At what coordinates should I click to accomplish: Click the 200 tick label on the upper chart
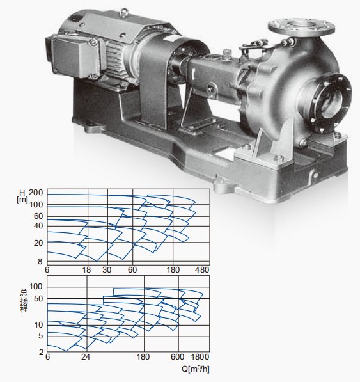[x=36, y=193]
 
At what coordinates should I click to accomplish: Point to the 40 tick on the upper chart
[x=38, y=226]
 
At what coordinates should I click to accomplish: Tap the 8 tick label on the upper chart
[x=40, y=262]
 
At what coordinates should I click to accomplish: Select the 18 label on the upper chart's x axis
[x=86, y=269]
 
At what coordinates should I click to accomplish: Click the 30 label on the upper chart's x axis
[x=107, y=269]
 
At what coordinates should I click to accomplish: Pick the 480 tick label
[x=202, y=269]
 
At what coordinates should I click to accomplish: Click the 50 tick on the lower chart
[x=38, y=298]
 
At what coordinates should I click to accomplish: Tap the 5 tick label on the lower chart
[x=40, y=336]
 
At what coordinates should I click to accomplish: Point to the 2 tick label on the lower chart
[x=42, y=353]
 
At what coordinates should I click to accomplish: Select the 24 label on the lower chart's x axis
[x=86, y=357]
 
